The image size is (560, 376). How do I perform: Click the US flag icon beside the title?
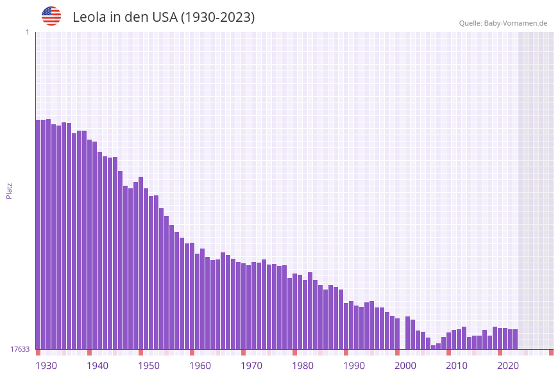coord(51,16)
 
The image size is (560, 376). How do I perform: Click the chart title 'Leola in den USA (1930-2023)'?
coord(164,17)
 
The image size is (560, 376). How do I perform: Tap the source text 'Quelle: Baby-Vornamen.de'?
coord(503,23)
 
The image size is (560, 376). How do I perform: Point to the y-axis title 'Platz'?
coord(10,190)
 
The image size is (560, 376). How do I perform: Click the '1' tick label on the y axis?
coord(27,32)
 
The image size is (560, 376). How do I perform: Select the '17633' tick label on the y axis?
coord(20,349)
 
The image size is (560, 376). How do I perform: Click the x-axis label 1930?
coord(46,366)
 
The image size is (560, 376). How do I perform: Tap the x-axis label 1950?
coord(149,366)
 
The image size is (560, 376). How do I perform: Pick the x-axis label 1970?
coord(251,366)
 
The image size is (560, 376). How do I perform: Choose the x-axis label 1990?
coord(354,366)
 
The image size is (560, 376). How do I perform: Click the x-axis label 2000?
coord(405,366)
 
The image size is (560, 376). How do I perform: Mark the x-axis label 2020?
coord(508,366)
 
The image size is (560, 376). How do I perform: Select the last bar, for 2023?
coord(515,339)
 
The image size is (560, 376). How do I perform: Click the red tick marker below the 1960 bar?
coord(192,352)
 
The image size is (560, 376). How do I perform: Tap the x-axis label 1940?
coord(98,366)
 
